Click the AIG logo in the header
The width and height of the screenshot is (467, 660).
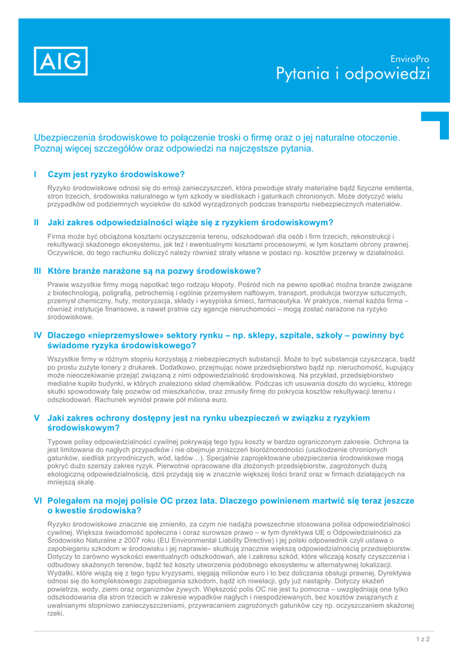(x=61, y=61)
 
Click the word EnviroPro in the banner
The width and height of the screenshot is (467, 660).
(x=410, y=59)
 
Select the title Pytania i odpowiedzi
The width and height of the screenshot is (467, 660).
(x=353, y=74)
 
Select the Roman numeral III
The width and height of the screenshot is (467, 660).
(x=37, y=271)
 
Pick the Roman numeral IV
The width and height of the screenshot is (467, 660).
(x=37, y=335)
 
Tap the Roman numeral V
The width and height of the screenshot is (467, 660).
(x=36, y=418)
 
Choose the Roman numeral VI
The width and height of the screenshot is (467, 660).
(x=37, y=500)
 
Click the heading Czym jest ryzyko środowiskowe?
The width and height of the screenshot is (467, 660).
(x=116, y=174)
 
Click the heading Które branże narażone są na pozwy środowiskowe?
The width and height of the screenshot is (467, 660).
(x=154, y=271)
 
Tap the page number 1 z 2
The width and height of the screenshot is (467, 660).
(x=422, y=639)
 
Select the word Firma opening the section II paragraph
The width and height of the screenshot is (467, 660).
(x=57, y=237)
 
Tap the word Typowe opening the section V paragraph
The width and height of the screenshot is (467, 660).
(x=61, y=442)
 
